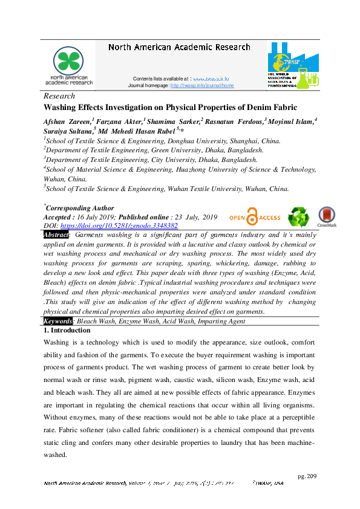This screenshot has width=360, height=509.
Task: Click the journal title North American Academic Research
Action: pos(178,47)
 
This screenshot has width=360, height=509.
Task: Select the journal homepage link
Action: pos(202,85)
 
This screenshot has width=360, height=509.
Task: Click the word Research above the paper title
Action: pos(59,96)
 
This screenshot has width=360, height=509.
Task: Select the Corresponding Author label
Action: pos(80,208)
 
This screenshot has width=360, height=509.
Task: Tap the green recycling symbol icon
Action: pos(298,217)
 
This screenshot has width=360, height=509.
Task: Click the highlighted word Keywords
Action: pos(59,321)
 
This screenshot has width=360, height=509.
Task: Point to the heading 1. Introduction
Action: pos(67,331)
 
